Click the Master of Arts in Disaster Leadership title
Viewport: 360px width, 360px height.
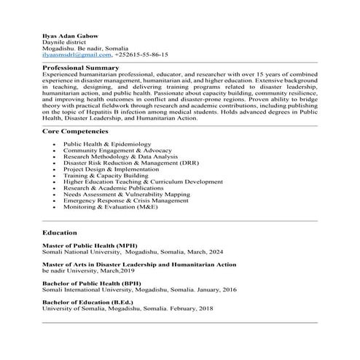point(139,264)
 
